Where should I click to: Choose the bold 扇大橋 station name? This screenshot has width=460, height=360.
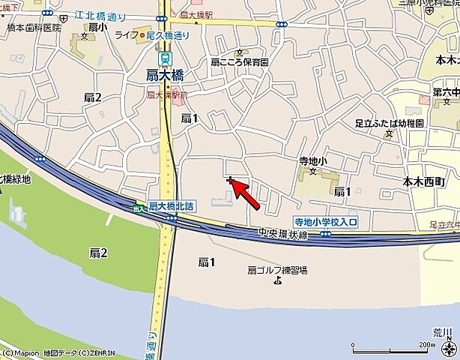(166, 74)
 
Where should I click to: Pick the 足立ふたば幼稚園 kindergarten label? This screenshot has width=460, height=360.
(389, 122)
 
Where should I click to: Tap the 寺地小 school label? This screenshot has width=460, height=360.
(313, 160)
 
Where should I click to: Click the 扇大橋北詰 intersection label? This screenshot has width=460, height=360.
(172, 205)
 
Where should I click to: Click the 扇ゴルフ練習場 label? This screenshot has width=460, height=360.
(278, 270)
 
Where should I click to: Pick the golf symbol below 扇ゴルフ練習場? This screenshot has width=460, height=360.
(278, 281)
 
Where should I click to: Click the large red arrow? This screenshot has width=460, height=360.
(246, 194)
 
